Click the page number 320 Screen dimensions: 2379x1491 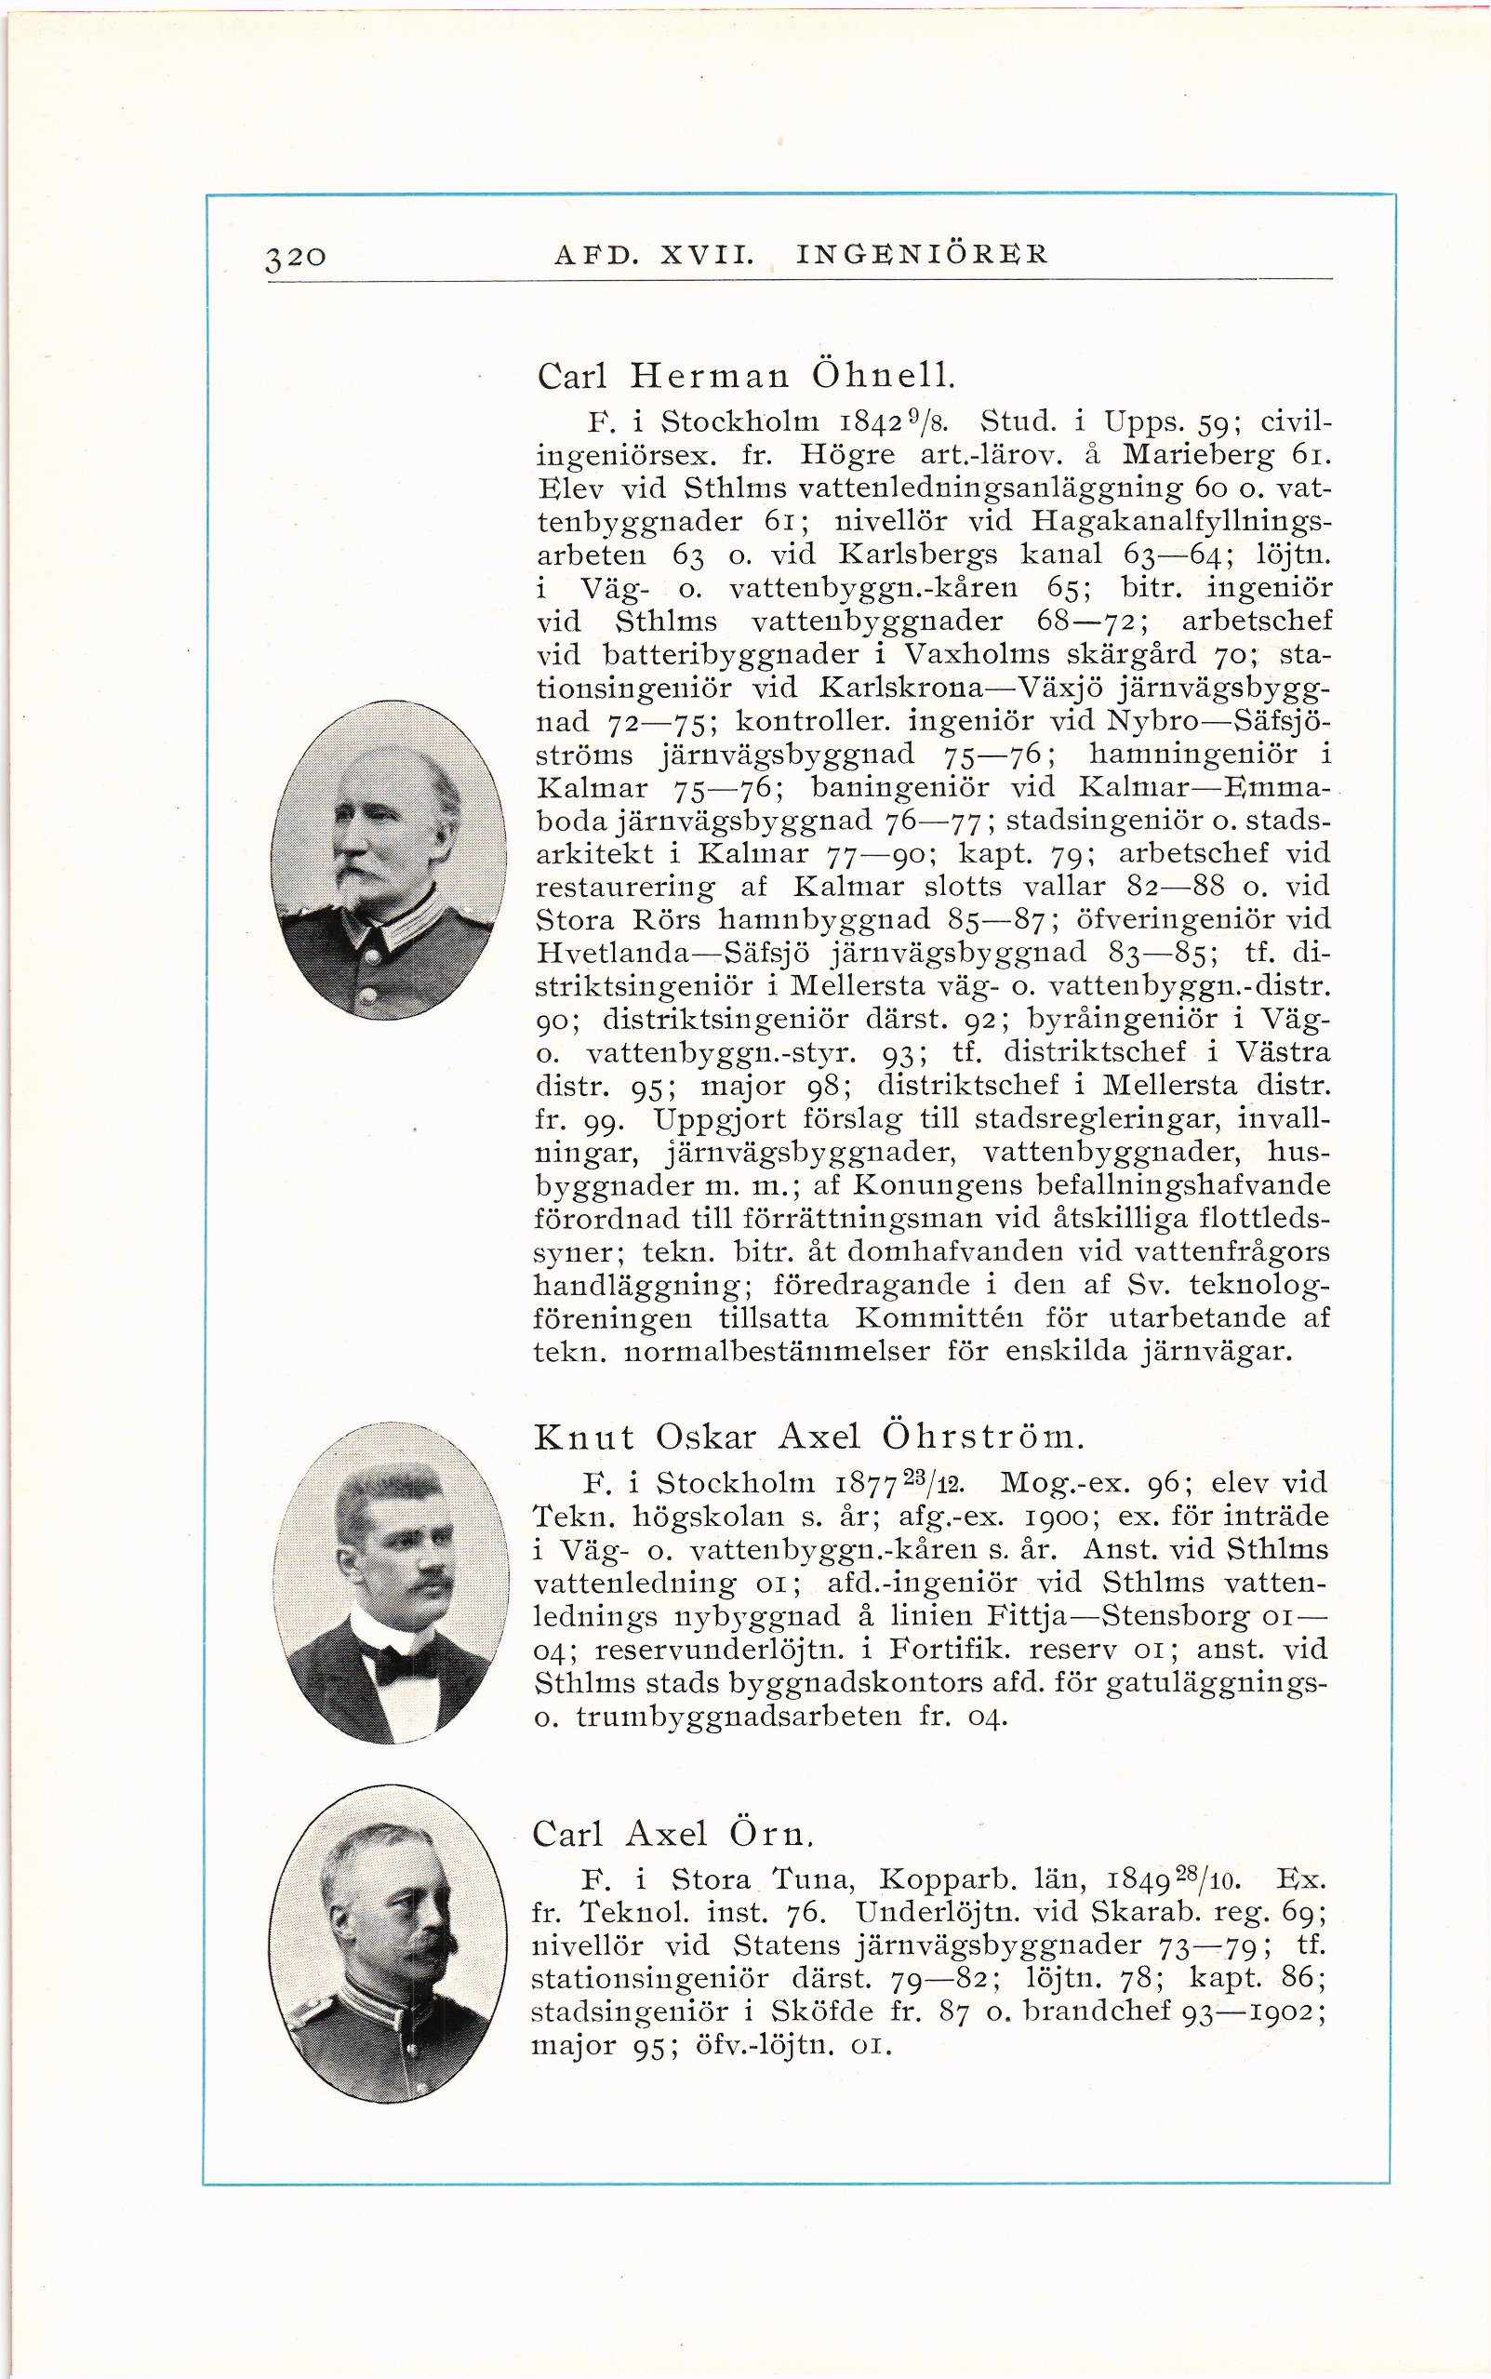(x=296, y=258)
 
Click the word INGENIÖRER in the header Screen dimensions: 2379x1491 (x=921, y=255)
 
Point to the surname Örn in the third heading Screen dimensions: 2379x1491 (x=771, y=1835)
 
